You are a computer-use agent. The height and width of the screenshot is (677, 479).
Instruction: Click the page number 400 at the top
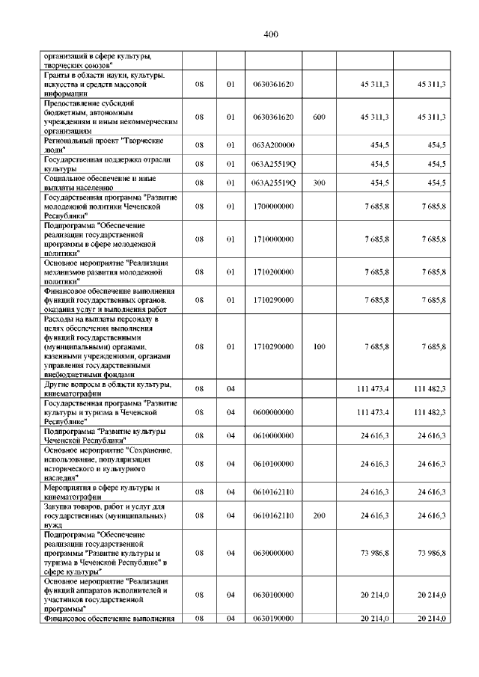[x=271, y=34]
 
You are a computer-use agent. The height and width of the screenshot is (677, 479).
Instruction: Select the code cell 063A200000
[x=273, y=145]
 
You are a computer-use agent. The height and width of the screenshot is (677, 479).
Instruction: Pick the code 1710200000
[x=273, y=272]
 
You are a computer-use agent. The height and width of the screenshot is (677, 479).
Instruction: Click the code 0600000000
[x=273, y=412]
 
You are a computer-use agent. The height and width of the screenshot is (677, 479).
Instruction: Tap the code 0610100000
[x=273, y=464]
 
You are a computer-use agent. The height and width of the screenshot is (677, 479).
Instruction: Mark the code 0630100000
[x=273, y=594]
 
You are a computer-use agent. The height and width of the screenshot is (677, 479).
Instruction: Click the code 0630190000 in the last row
[x=273, y=619]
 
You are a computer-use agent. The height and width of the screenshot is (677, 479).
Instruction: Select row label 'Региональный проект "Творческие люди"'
[x=104, y=145]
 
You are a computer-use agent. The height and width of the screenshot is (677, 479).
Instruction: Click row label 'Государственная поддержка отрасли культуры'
[x=104, y=163]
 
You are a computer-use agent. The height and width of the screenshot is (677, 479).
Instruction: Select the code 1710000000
[x=273, y=239]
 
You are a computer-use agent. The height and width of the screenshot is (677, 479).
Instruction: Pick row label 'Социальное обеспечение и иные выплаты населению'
[x=104, y=182]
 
